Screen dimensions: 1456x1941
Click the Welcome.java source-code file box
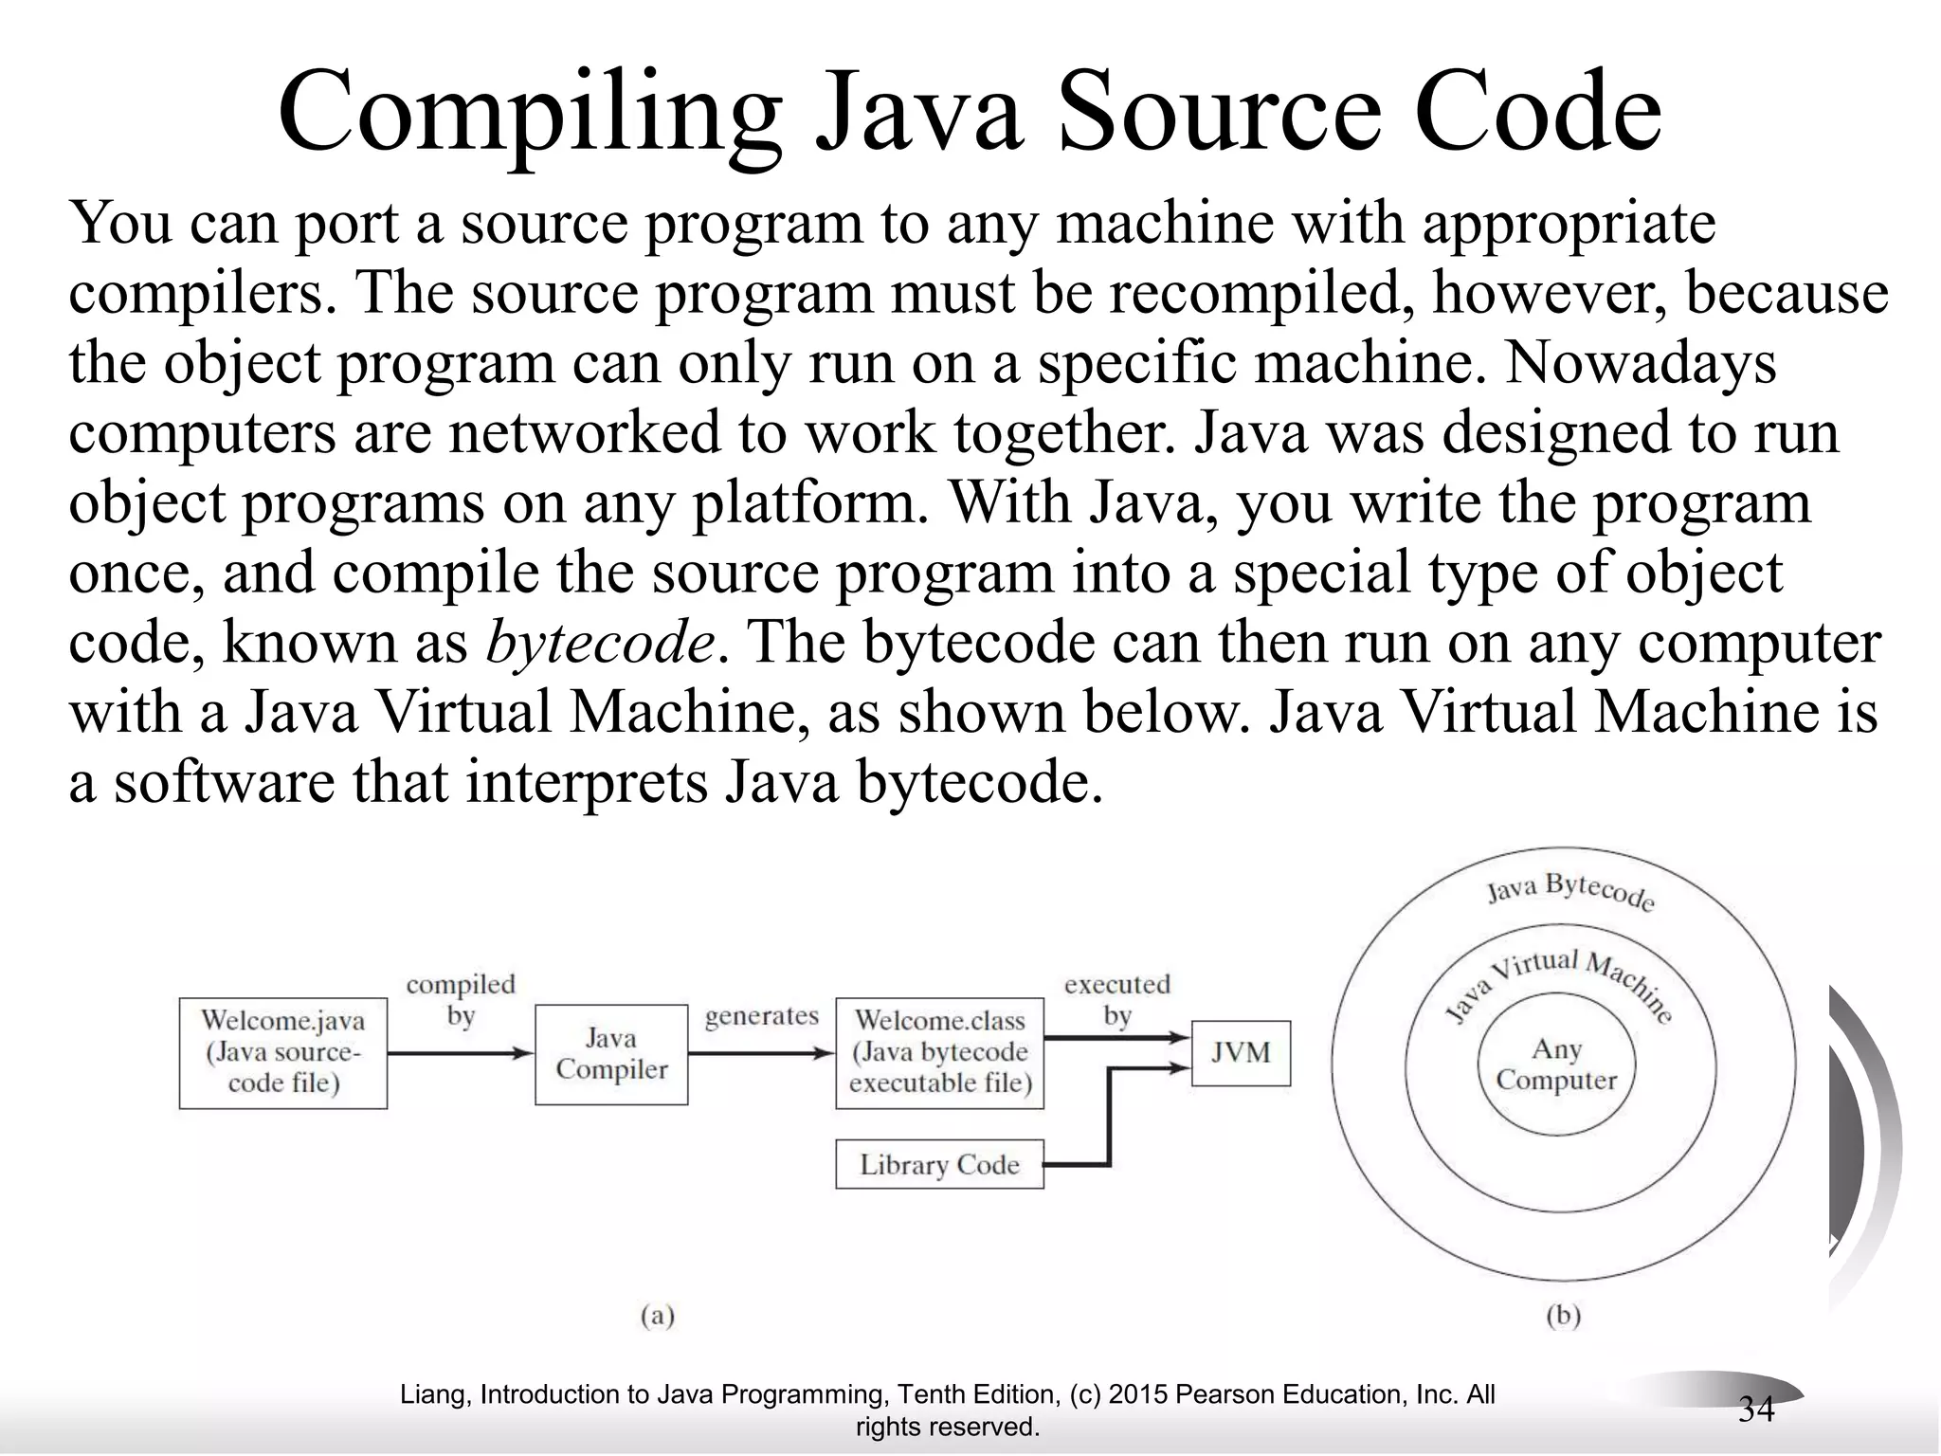tap(282, 1052)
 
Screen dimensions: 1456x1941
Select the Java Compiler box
tap(611, 1054)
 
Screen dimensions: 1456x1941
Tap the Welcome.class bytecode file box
tap(939, 1052)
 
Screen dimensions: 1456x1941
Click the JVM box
tap(1240, 1052)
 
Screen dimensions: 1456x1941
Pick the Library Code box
tap(939, 1164)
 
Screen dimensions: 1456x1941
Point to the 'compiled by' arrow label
tap(461, 1000)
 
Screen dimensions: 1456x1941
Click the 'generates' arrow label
tap(761, 1016)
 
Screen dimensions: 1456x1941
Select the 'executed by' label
tap(1117, 1000)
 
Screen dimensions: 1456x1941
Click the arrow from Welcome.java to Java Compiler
tap(461, 1053)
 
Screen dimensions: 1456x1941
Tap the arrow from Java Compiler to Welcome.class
tap(761, 1053)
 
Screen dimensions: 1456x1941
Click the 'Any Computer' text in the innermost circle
tap(1556, 1065)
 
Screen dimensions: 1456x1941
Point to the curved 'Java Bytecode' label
tap(1570, 891)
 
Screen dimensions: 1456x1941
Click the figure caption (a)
tap(657, 1316)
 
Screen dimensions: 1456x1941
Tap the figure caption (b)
tap(1563, 1316)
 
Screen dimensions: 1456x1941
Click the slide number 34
tap(1755, 1410)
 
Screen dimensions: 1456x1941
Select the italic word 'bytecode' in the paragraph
tap(599, 643)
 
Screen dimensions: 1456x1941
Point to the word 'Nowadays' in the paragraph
tap(1640, 363)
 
